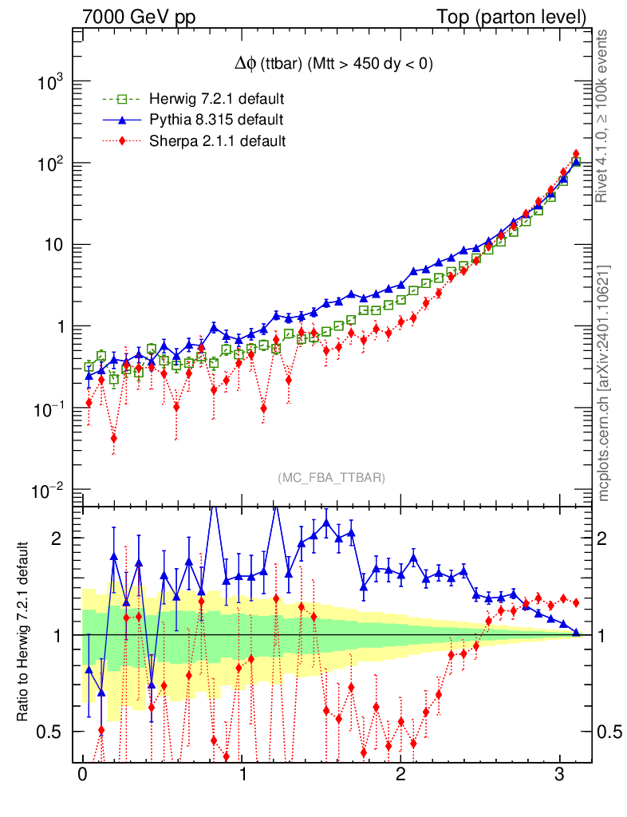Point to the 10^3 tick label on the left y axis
pyautogui.click(x=50, y=83)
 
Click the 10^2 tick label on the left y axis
pyautogui.click(x=50, y=164)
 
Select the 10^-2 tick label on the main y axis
pyautogui.click(x=47, y=491)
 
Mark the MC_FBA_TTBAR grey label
pyautogui.click(x=331, y=478)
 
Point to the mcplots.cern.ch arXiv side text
pyautogui.click(x=604, y=383)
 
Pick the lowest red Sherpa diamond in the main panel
pyautogui.click(x=114, y=438)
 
